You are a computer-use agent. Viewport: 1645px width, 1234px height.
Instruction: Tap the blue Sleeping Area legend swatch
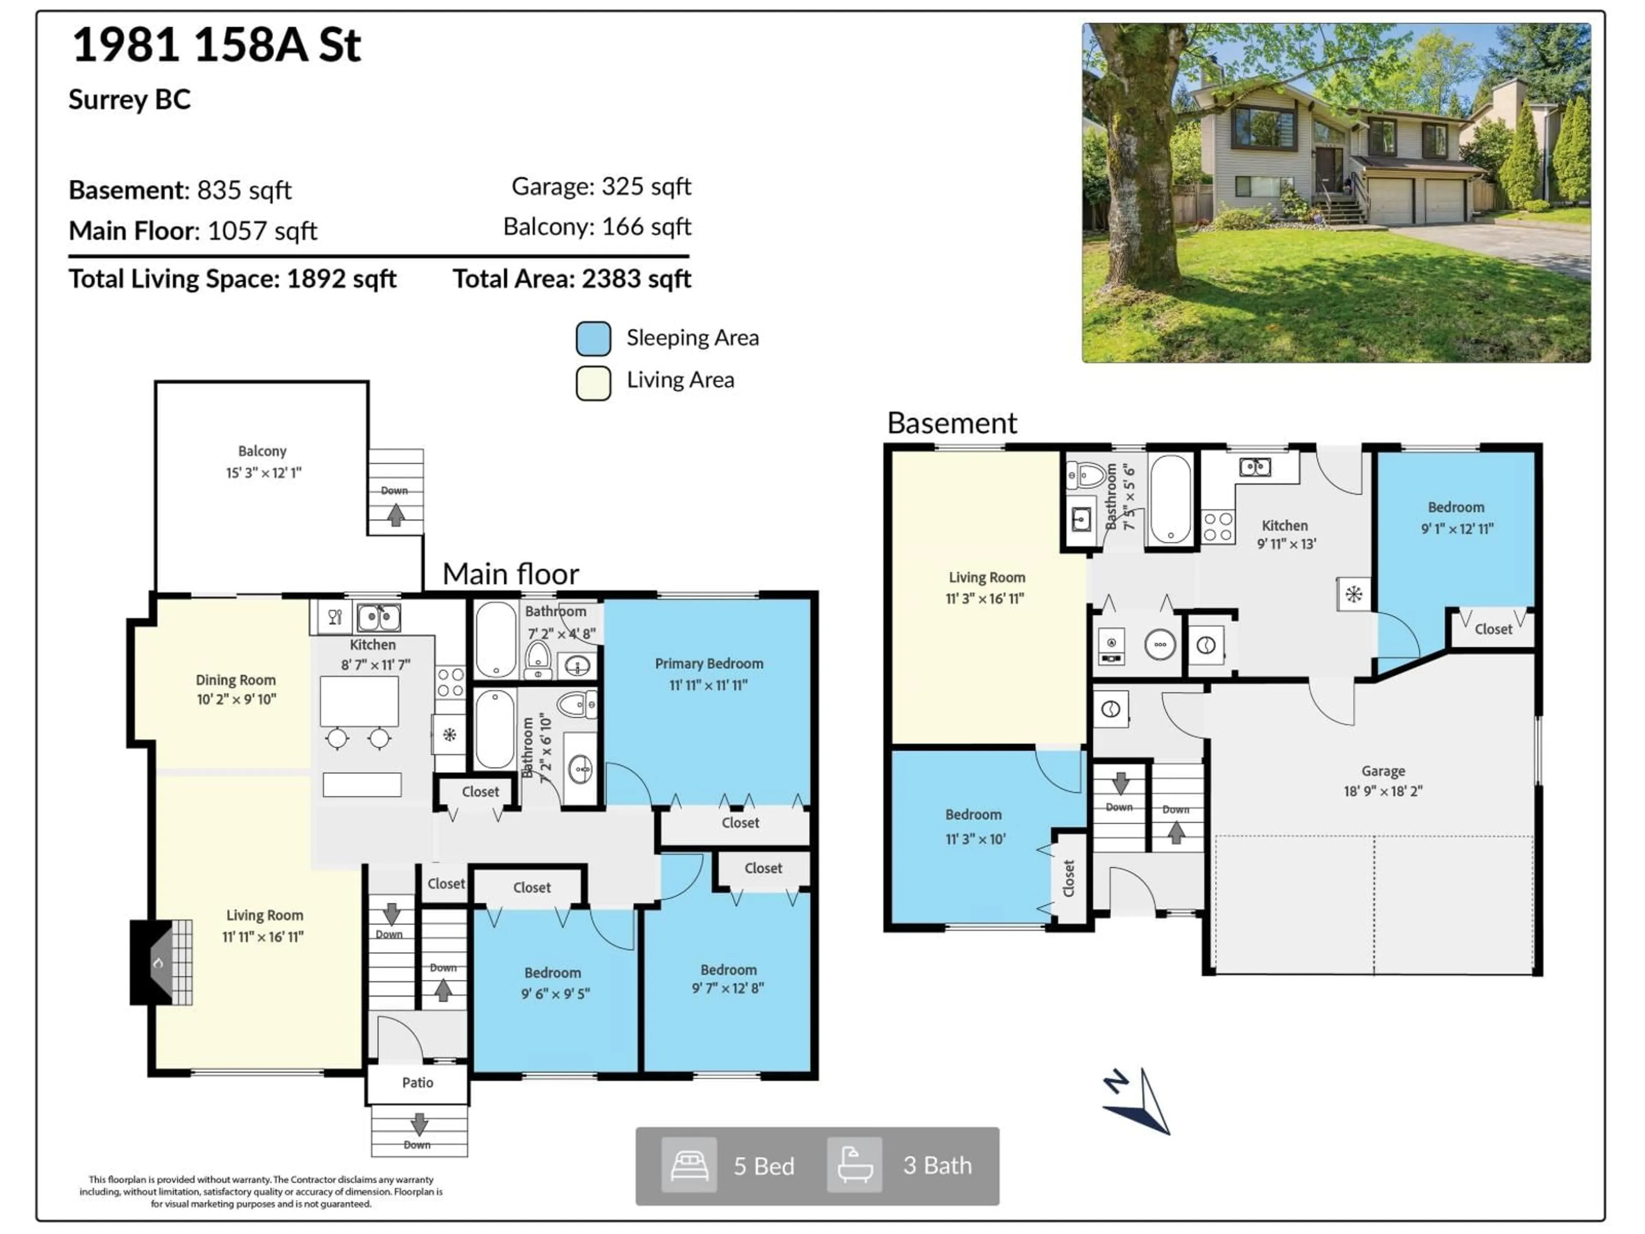593,338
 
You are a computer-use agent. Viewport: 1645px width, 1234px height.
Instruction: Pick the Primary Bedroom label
709,663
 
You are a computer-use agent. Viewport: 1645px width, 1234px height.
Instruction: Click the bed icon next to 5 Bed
689,1165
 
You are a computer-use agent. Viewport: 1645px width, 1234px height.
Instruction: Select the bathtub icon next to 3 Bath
855,1165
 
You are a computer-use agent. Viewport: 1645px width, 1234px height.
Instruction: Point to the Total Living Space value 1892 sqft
341,279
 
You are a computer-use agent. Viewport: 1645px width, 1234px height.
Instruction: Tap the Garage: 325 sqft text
601,186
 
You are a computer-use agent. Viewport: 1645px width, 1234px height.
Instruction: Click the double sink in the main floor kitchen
379,617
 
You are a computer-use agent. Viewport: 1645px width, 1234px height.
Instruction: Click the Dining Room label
236,680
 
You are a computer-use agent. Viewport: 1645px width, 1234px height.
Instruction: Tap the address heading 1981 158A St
216,45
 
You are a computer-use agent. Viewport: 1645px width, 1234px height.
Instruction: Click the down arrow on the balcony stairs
396,514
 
